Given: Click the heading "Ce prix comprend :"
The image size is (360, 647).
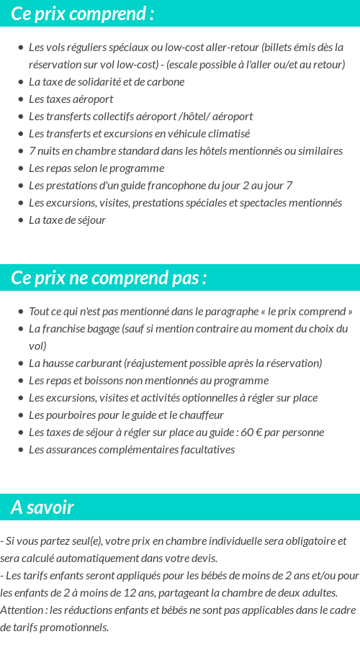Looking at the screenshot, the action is [x=82, y=14].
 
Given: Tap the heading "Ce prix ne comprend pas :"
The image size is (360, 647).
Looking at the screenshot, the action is [x=109, y=279].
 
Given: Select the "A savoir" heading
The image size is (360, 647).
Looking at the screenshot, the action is [x=42, y=507].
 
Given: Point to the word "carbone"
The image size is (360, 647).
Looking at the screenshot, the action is [x=166, y=82].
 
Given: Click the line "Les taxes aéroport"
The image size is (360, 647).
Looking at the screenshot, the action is [x=71, y=99].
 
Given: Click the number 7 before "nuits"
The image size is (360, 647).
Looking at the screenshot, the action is [x=32, y=151].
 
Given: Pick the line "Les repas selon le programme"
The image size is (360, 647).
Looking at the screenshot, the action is [x=96, y=168].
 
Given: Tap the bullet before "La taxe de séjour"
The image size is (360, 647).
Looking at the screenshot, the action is [x=20, y=220].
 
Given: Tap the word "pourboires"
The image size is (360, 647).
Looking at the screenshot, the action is [x=70, y=415].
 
